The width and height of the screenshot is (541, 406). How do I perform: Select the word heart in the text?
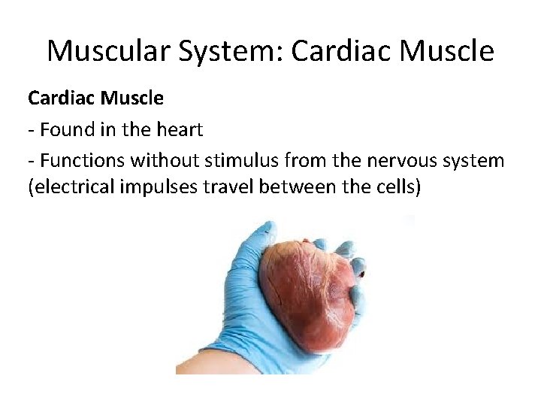(x=180, y=130)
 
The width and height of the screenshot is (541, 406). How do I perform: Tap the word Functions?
(x=83, y=160)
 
